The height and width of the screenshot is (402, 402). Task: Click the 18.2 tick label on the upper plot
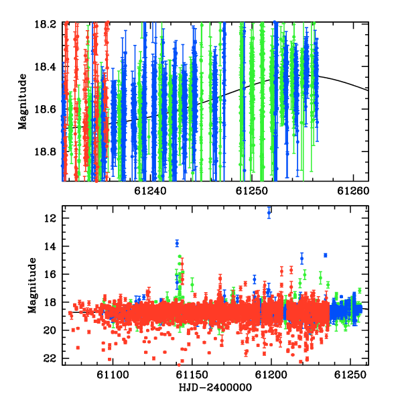tap(45, 24)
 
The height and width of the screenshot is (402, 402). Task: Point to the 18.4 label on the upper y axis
tap(45, 67)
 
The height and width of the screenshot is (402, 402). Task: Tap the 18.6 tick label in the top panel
tap(45, 109)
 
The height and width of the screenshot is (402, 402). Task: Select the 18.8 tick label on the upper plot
tap(45, 152)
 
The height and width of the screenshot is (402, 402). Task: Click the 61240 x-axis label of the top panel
tap(150, 191)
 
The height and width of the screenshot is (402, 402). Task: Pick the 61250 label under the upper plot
tap(252, 191)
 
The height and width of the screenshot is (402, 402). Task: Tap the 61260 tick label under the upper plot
tap(353, 191)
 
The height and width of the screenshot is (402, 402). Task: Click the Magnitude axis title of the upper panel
tap(23, 102)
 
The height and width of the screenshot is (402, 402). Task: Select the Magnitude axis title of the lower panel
tap(32, 285)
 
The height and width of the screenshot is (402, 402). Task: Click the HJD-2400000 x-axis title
tap(215, 387)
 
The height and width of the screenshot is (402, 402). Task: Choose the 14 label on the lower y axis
tap(50, 247)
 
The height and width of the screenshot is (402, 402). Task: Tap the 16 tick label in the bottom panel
tap(50, 274)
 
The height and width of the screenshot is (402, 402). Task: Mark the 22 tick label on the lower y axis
tap(50, 358)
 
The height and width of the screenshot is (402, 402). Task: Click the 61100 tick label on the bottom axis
tap(113, 375)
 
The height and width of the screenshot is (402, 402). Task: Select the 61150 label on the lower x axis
tap(192, 375)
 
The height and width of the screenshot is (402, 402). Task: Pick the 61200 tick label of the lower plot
tap(271, 375)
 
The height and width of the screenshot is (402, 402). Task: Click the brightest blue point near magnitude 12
tap(269, 212)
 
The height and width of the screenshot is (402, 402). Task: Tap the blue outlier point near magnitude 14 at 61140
tap(177, 243)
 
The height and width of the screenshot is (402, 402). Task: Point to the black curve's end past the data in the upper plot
tap(368, 90)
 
